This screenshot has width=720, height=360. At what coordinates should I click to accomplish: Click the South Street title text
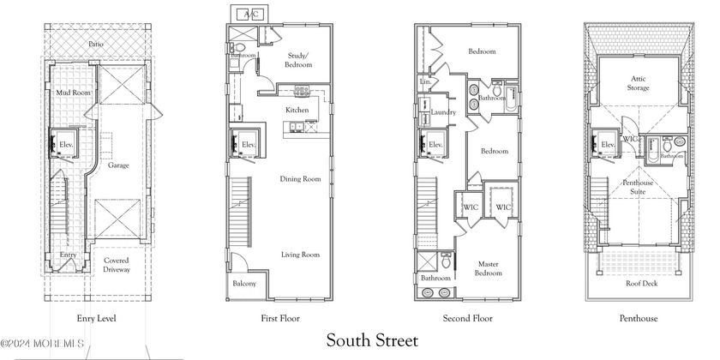(372, 340)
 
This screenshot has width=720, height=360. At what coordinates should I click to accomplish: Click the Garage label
(118, 165)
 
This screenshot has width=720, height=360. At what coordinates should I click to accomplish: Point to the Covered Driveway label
(117, 265)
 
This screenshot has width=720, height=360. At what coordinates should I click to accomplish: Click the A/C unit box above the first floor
(251, 15)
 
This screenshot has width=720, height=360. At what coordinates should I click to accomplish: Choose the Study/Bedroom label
(298, 60)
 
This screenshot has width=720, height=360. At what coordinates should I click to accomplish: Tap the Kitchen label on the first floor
(297, 110)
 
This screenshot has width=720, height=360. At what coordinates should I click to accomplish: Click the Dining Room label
(300, 179)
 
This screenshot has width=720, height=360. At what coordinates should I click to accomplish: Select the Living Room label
(300, 255)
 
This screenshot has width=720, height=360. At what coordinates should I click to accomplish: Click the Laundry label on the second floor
(442, 112)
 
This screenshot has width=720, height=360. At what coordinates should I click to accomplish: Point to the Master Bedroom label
(489, 267)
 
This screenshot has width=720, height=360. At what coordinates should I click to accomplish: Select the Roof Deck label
(641, 283)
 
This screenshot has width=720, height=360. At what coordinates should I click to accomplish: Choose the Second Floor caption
(467, 319)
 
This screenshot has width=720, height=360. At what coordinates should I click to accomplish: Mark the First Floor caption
(279, 319)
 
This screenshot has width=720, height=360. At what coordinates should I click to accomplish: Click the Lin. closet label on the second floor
(425, 82)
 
